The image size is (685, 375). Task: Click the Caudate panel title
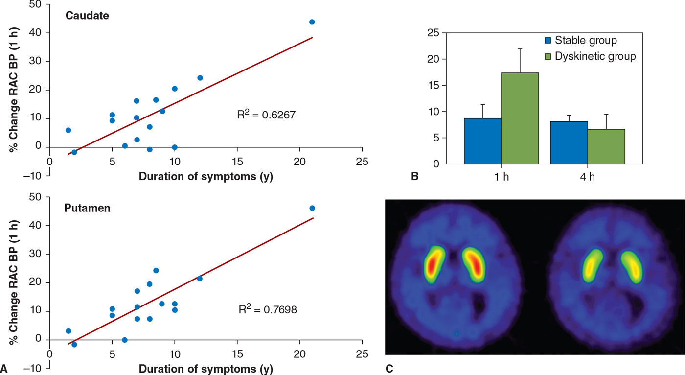click(x=88, y=15)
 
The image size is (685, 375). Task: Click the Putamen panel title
click(x=87, y=208)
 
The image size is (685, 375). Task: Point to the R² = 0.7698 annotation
click(x=268, y=309)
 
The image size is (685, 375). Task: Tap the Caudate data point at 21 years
click(x=312, y=22)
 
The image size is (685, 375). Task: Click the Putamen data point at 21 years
click(x=312, y=208)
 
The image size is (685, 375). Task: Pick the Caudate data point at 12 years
click(x=200, y=78)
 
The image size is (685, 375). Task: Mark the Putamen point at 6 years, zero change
click(x=125, y=340)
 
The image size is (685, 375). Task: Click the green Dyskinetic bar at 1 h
click(x=520, y=118)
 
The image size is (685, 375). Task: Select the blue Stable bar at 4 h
click(x=569, y=142)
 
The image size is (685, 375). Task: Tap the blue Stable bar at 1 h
click(x=483, y=141)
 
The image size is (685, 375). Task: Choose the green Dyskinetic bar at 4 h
click(x=606, y=146)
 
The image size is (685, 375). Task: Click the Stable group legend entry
click(x=580, y=40)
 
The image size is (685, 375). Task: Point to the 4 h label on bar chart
click(x=588, y=176)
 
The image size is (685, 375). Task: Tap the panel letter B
click(x=415, y=177)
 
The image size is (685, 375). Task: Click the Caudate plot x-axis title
click(x=205, y=177)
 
